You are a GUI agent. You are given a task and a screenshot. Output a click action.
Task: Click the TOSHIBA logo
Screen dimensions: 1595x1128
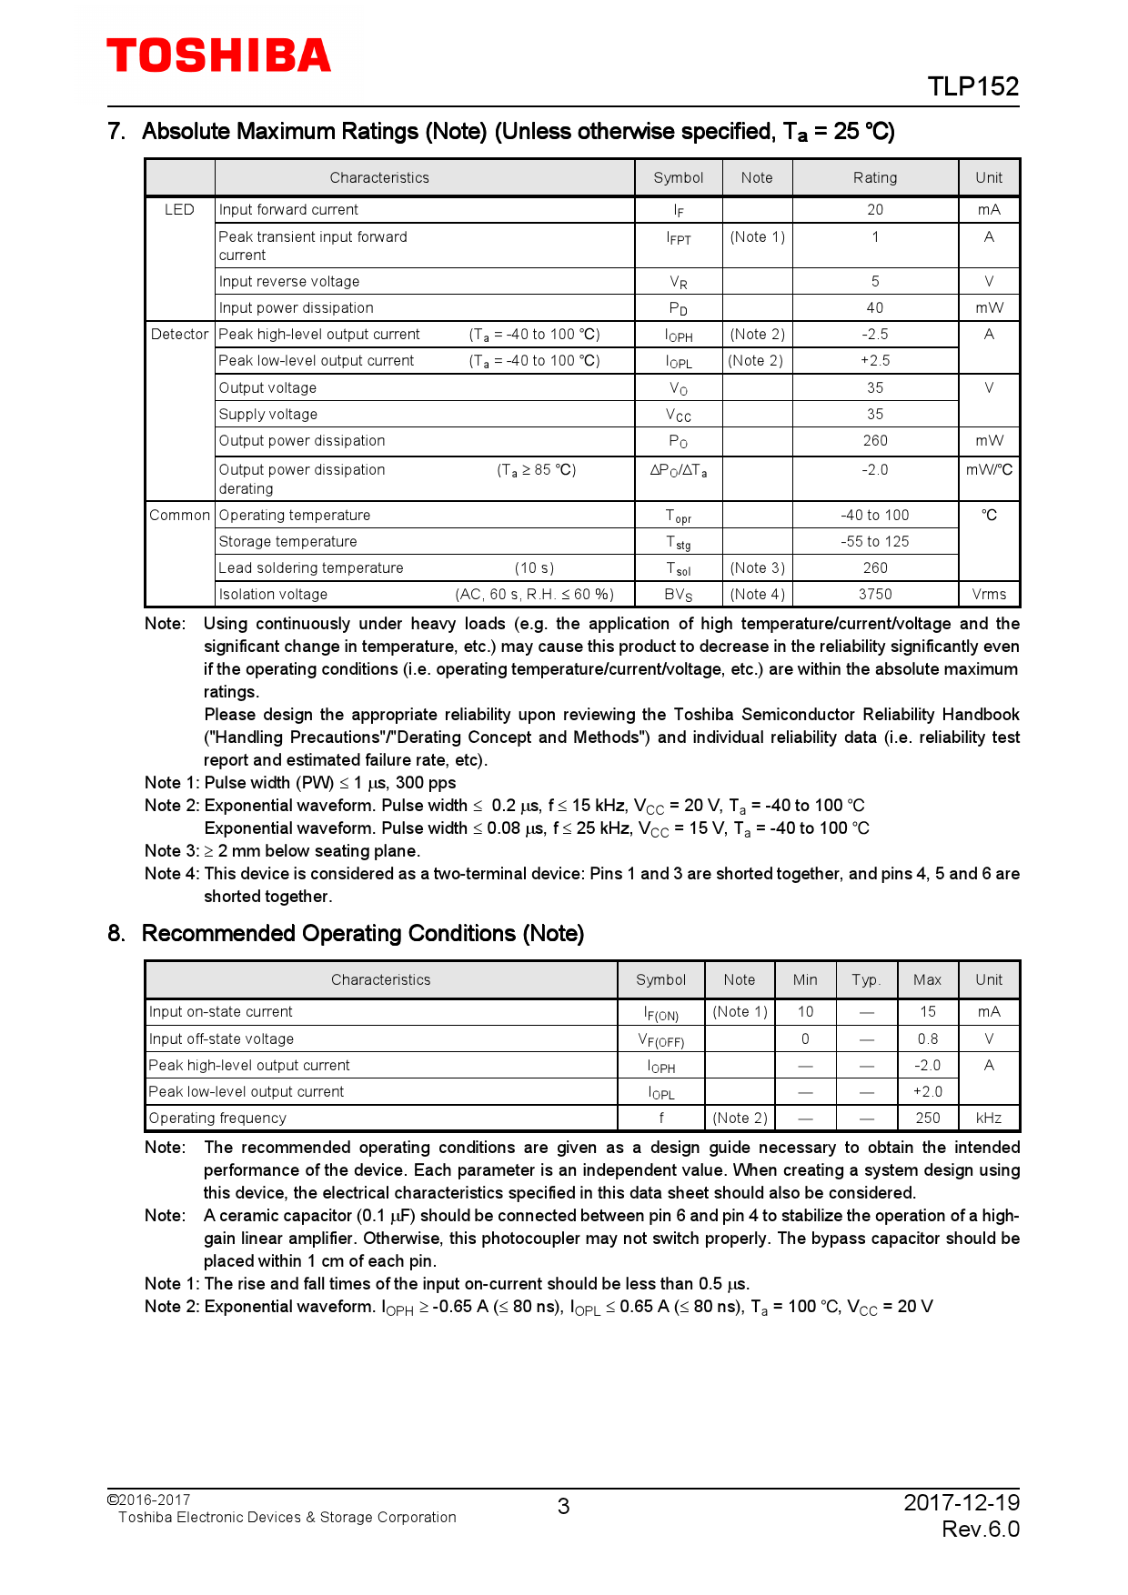click(x=219, y=56)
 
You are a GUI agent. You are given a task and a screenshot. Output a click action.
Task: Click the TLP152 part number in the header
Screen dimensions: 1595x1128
click(x=972, y=86)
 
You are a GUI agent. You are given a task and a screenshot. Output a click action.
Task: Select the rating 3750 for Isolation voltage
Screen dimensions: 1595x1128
click(x=874, y=594)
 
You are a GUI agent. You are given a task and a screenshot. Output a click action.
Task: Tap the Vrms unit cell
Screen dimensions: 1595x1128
click(x=989, y=594)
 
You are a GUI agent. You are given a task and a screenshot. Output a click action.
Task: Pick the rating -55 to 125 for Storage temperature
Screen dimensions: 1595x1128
click(x=874, y=541)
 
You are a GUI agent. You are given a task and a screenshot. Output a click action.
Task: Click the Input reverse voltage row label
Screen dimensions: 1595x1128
click(x=289, y=281)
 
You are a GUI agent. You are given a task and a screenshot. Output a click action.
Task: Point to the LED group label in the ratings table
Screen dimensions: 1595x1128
click(x=179, y=209)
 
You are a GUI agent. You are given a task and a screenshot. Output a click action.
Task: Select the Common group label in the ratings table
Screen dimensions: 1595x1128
click(x=179, y=515)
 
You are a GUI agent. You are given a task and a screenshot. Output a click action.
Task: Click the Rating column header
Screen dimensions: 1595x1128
click(x=874, y=177)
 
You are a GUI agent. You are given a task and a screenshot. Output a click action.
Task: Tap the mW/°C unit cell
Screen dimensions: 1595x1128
click(x=989, y=469)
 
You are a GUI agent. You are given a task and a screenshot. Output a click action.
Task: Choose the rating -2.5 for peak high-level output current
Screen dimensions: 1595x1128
click(x=874, y=334)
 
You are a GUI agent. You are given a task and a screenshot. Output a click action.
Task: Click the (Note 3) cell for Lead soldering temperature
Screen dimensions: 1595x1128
click(x=757, y=567)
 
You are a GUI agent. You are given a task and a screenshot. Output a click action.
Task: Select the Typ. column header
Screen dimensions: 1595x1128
click(x=866, y=979)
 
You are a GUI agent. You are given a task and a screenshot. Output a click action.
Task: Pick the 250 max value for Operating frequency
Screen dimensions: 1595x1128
click(x=927, y=1118)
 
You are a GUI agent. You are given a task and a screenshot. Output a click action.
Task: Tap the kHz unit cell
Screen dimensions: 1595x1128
click(x=989, y=1118)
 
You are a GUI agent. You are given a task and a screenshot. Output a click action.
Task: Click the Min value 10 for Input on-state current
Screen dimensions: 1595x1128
click(x=805, y=1011)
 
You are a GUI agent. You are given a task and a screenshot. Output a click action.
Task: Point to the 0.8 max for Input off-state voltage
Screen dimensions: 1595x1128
click(x=927, y=1038)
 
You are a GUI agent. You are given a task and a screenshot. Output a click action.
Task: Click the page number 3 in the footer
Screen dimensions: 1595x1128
click(x=563, y=1507)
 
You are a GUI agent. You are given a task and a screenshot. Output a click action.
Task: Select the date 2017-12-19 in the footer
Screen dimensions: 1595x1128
click(x=961, y=1502)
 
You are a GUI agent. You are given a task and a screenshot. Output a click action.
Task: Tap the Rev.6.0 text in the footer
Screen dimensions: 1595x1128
click(x=980, y=1529)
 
